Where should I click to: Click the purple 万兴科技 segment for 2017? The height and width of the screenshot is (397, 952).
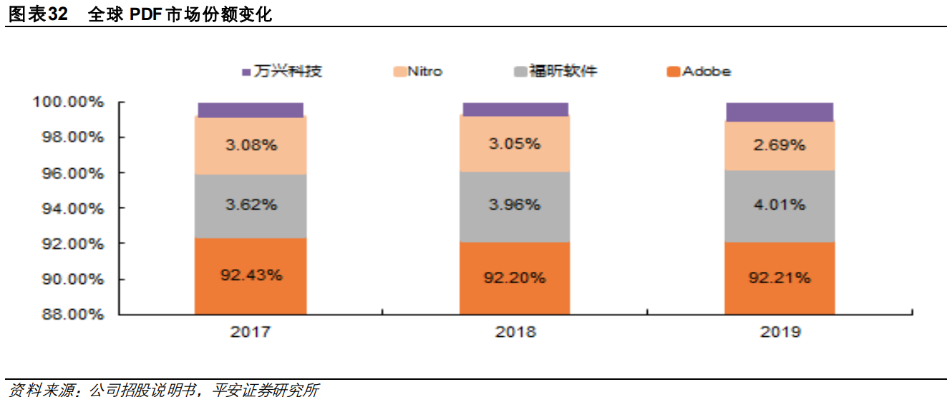pos(250,109)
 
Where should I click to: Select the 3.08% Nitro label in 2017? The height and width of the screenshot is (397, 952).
pos(251,145)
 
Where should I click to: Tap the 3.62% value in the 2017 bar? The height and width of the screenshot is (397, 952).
pos(251,205)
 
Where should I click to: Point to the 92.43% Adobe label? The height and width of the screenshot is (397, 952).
pos(251,275)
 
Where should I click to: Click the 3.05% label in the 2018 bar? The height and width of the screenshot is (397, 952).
pos(515,144)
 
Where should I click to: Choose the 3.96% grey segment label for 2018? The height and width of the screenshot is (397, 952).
pos(515,205)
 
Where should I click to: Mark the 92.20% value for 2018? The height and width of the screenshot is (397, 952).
pos(515,278)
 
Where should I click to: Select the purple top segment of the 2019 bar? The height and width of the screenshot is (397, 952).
pos(779,112)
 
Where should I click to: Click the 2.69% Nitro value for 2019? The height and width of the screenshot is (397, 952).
pos(779,145)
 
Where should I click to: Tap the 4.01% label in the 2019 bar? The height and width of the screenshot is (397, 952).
pos(779,205)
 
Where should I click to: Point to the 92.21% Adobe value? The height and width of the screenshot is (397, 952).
pos(779,278)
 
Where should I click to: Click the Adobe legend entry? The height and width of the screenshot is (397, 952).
pos(699,72)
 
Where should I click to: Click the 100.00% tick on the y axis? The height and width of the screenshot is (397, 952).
pos(69,102)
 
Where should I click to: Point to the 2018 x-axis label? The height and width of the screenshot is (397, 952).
pos(515,333)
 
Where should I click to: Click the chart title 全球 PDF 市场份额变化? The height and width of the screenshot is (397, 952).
pos(180,14)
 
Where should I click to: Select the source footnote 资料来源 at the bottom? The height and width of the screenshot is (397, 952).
pos(162,390)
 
